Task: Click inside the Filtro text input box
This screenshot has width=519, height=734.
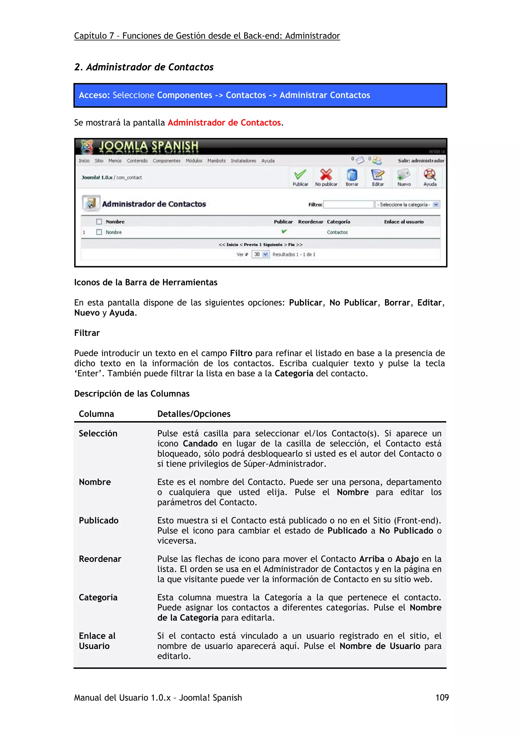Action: click(x=348, y=204)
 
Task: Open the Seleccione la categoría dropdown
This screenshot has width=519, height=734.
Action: click(x=407, y=204)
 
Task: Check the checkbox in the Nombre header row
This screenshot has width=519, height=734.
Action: click(x=99, y=222)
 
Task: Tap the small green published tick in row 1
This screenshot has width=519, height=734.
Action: click(x=284, y=231)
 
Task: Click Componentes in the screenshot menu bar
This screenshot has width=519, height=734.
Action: click(x=166, y=161)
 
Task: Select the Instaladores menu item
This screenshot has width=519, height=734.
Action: click(x=243, y=161)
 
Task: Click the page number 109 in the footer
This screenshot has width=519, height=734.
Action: click(x=442, y=697)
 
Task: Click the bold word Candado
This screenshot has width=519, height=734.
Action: click(x=200, y=443)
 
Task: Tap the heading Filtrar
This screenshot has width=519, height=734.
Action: click(x=87, y=333)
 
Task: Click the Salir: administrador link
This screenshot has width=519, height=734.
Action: click(x=421, y=161)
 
